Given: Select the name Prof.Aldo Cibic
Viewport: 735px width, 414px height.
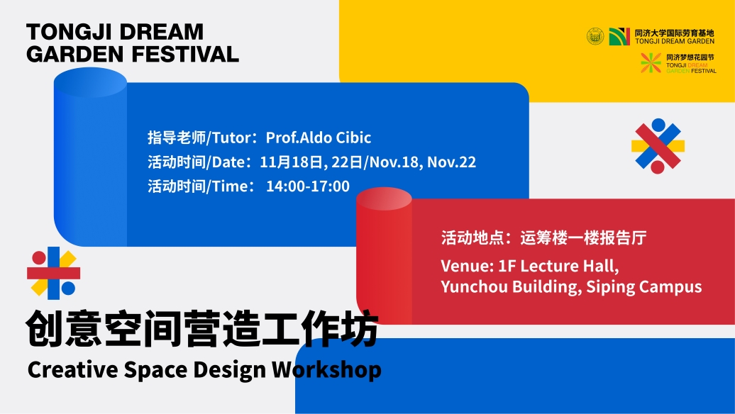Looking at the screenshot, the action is click(319, 138).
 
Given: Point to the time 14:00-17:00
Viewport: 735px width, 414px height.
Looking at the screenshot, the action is click(307, 186).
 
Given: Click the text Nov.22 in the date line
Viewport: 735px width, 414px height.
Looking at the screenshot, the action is click(451, 162).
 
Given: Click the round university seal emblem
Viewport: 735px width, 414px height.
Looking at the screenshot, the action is click(595, 36).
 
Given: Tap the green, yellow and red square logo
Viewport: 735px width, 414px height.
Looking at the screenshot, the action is click(619, 37).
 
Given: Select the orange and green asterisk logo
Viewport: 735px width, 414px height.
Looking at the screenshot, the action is click(651, 63).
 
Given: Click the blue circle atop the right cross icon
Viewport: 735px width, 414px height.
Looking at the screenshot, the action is click(658, 125).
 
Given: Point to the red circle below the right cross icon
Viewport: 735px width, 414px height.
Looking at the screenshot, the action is click(658, 167).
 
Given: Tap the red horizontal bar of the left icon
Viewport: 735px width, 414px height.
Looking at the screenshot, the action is click(53, 273).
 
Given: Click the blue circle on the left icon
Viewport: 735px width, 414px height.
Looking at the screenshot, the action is click(68, 289).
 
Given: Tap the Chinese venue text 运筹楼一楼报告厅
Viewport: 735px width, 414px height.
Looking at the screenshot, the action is click(583, 238).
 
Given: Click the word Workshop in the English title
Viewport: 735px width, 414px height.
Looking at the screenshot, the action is click(327, 370).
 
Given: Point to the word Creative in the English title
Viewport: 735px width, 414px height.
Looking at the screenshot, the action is click(72, 369).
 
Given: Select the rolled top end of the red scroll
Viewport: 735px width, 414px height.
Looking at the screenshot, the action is click(384, 199).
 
